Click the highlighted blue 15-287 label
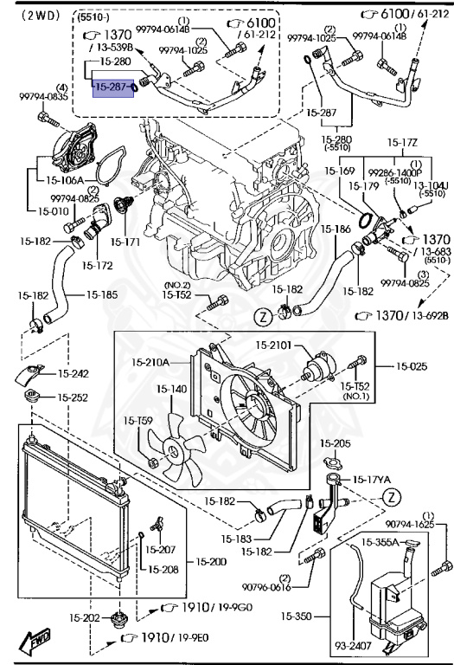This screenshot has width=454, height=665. pyautogui.click(x=112, y=87)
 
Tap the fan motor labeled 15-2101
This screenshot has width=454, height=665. pyautogui.click(x=273, y=345)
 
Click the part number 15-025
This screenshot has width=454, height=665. pyautogui.click(x=413, y=366)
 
